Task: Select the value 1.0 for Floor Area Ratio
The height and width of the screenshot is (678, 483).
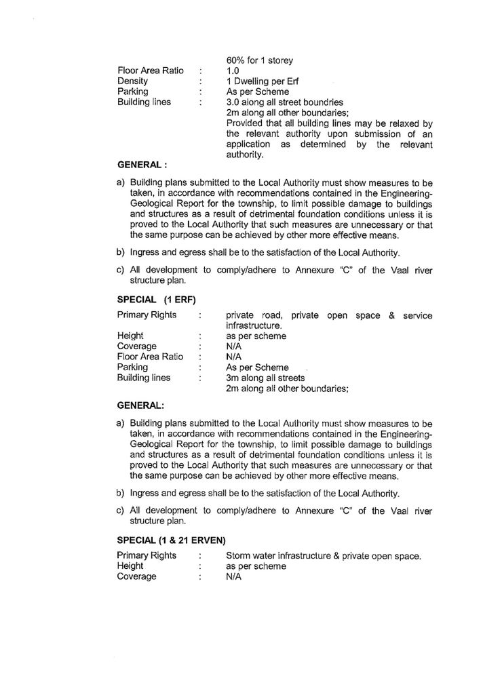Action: point(233,70)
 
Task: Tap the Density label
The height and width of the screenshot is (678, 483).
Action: point(133,81)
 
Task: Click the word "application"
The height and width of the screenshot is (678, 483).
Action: point(248,144)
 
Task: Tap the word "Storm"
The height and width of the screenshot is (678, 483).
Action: point(239,555)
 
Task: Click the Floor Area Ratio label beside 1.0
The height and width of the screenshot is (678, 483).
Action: point(150,70)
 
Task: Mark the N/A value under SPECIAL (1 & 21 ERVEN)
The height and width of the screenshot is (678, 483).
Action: point(234,577)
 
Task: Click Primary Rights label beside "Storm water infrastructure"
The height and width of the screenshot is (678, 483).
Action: point(147,555)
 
